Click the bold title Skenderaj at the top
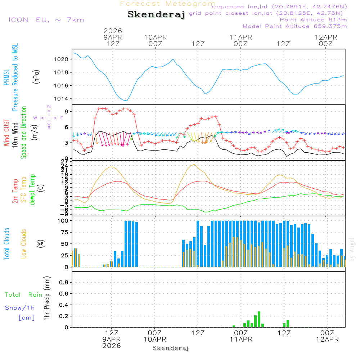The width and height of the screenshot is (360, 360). pyautogui.click(x=156, y=15)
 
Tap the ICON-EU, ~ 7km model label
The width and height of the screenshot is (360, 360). pyautogui.click(x=46, y=20)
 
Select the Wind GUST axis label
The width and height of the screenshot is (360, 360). pyautogui.click(x=6, y=134)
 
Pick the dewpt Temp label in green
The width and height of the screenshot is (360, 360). pyautogui.click(x=32, y=190)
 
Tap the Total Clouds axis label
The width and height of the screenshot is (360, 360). pyautogui.click(x=6, y=244)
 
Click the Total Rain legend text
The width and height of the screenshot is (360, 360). pyautogui.click(x=24, y=294)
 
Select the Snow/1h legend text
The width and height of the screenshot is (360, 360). pyautogui.click(x=20, y=308)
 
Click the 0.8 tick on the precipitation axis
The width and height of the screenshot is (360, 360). pyautogui.click(x=63, y=283)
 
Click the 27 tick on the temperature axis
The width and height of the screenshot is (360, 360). pyautogui.click(x=64, y=161)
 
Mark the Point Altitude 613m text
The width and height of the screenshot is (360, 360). pyautogui.click(x=313, y=20)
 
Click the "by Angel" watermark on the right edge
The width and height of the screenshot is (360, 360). pyautogui.click(x=352, y=249)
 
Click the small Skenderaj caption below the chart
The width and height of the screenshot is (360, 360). pyautogui.click(x=171, y=348)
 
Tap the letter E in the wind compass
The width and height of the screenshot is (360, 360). pyautogui.click(x=62, y=118)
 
